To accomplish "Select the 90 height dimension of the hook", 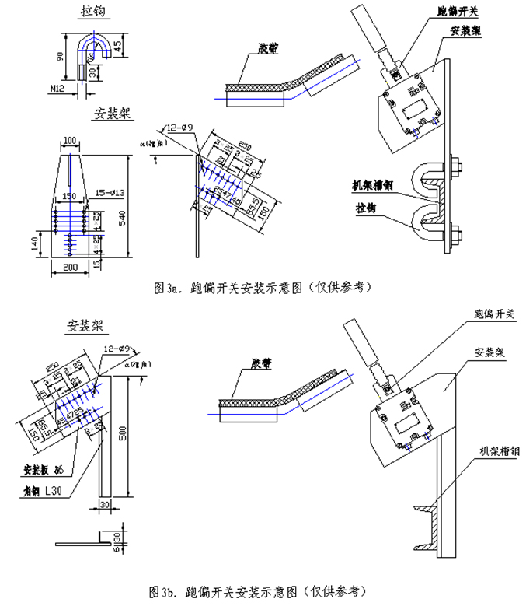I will pos(60,56).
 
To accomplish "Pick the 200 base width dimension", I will pos(71,267).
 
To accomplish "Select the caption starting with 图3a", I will pos(263,287).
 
